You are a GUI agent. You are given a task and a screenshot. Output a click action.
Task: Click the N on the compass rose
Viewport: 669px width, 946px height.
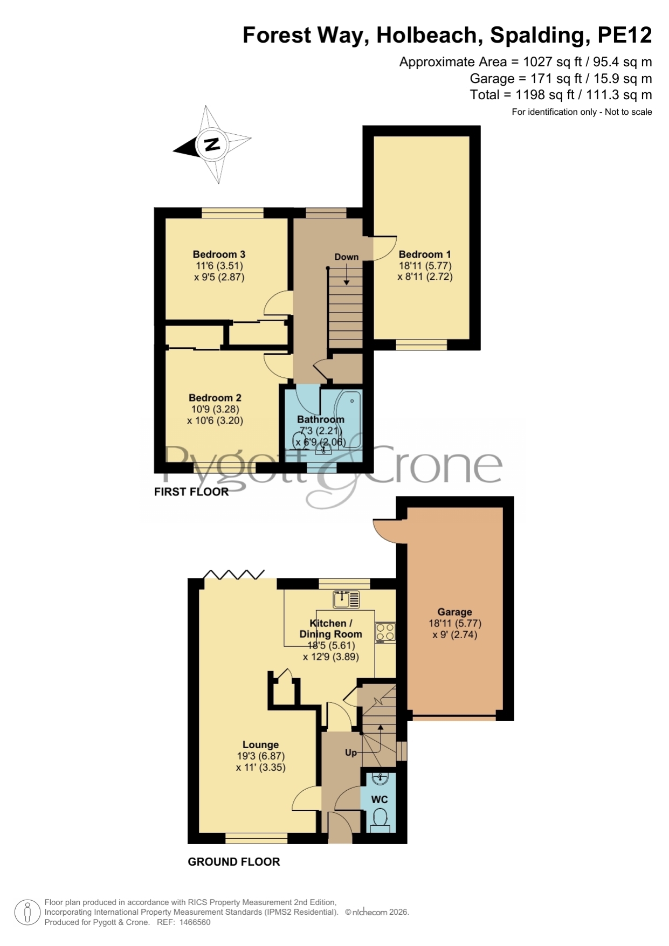(x=212, y=144)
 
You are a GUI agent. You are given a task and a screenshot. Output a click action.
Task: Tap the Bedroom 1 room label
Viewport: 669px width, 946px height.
(x=425, y=254)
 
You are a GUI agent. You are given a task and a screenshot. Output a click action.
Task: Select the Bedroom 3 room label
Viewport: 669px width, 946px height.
(x=219, y=254)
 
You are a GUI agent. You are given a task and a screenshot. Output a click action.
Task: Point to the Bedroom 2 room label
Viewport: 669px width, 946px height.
(x=215, y=398)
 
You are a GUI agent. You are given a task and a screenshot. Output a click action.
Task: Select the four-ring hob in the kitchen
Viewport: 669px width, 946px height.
(x=385, y=633)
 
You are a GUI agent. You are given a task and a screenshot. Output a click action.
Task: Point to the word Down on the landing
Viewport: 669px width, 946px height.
(x=346, y=257)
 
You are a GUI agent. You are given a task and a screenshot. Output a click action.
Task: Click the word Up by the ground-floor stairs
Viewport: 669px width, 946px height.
(x=351, y=752)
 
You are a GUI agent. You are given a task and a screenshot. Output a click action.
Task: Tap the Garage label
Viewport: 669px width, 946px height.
(x=454, y=612)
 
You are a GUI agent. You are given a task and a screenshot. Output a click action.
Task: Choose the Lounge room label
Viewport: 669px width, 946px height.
(x=260, y=745)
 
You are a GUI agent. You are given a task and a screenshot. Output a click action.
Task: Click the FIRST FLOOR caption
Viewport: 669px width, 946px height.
(x=191, y=492)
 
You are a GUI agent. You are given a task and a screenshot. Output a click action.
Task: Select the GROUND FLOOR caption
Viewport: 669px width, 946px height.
(x=234, y=862)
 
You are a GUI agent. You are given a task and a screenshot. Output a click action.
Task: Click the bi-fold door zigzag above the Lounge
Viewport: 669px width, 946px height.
(x=234, y=574)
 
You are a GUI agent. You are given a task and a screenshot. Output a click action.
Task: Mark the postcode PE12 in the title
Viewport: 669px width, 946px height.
(x=625, y=36)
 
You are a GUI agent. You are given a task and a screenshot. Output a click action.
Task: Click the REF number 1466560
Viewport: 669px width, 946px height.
(x=195, y=922)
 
